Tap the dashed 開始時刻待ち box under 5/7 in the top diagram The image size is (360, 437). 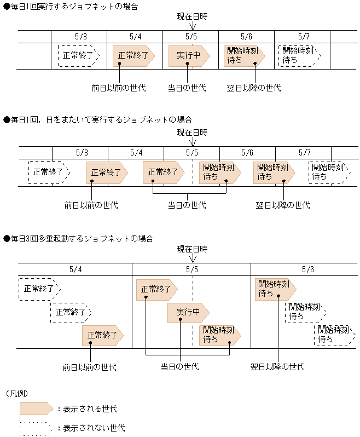point(299,55)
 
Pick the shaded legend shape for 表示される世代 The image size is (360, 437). point(36,409)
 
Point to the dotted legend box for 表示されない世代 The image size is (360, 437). point(36,428)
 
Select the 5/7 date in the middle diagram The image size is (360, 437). point(304,152)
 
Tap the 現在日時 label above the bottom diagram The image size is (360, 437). point(193,249)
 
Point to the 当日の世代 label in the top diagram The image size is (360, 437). point(187,88)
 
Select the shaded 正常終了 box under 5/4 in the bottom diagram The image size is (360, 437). point(102,335)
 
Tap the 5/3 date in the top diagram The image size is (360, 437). point(80,36)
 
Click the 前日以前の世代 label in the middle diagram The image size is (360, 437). point(91,205)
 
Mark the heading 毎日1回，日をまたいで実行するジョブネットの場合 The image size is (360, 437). point(98,119)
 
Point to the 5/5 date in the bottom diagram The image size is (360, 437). point(192,269)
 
